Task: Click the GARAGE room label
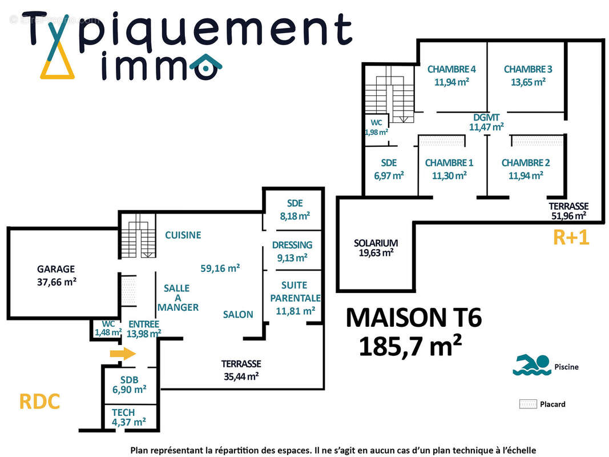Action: tap(56, 268)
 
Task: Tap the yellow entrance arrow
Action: tap(122, 354)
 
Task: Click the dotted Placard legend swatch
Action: tap(527, 404)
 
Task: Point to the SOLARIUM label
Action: tap(375, 243)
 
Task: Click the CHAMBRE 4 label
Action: tap(451, 69)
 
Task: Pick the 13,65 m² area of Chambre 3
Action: tap(528, 82)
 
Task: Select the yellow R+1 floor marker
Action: tap(571, 238)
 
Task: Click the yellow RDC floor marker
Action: tap(39, 401)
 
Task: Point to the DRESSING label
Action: tap(292, 245)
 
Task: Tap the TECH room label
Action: tap(123, 412)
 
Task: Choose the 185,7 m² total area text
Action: tap(410, 346)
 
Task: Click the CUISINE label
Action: tap(183, 235)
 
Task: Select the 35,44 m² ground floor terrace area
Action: tap(241, 376)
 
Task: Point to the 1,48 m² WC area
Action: tap(108, 332)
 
